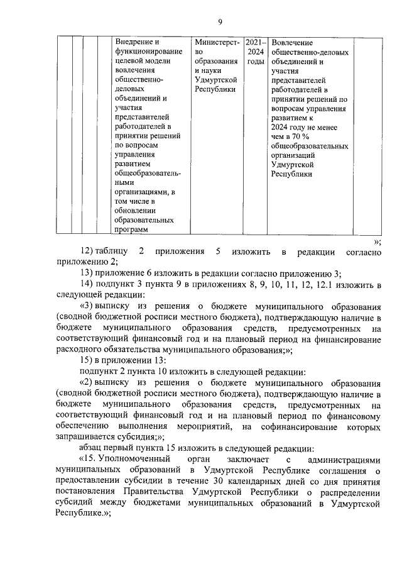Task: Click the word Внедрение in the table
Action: (x=134, y=41)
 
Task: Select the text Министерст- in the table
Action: (x=217, y=41)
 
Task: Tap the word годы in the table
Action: (x=256, y=62)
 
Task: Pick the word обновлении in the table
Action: (x=136, y=210)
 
